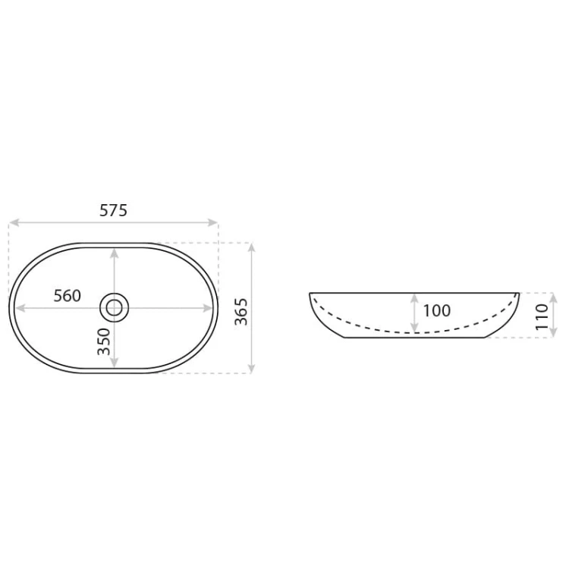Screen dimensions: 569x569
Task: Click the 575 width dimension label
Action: coord(114,210)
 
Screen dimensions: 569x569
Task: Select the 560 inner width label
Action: coord(67,296)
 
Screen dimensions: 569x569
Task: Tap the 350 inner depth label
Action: coord(104,341)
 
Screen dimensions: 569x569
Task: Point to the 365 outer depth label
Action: coord(241,312)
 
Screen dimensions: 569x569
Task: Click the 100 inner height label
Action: coord(437,310)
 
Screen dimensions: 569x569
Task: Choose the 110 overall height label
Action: coord(542,317)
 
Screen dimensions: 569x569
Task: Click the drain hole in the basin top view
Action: coord(115,308)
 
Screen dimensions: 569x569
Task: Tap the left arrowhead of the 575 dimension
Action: coord(14,222)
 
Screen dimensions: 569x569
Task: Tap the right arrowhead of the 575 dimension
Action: coord(212,222)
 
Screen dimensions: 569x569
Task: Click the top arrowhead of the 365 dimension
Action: coord(251,248)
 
